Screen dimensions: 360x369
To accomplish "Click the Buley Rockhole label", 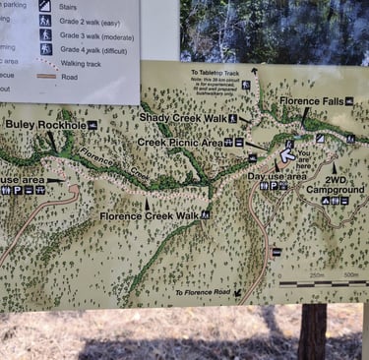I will [x=44, y=125].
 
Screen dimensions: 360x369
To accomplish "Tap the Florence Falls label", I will [x=311, y=101].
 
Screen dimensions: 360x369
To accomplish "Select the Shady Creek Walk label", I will [x=182, y=118].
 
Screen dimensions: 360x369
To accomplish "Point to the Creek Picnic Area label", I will [x=178, y=142].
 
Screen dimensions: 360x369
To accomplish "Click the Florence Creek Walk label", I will [x=148, y=215].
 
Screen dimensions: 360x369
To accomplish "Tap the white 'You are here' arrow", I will [x=287, y=153].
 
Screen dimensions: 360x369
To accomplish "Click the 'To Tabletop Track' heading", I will [x=214, y=72].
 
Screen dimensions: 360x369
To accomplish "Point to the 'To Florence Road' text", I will [x=202, y=293].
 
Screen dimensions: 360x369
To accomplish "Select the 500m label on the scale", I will [x=351, y=274].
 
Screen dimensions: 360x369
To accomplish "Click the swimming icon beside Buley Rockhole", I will [x=92, y=125].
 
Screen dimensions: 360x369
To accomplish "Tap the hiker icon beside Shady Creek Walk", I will [x=233, y=118].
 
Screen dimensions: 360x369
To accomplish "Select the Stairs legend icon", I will [x=45, y=5].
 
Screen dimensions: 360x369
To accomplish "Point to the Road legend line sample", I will [x=45, y=76].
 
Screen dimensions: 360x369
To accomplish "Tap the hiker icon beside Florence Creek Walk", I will [x=205, y=214].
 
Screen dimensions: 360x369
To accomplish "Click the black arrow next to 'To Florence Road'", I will [x=237, y=292].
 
